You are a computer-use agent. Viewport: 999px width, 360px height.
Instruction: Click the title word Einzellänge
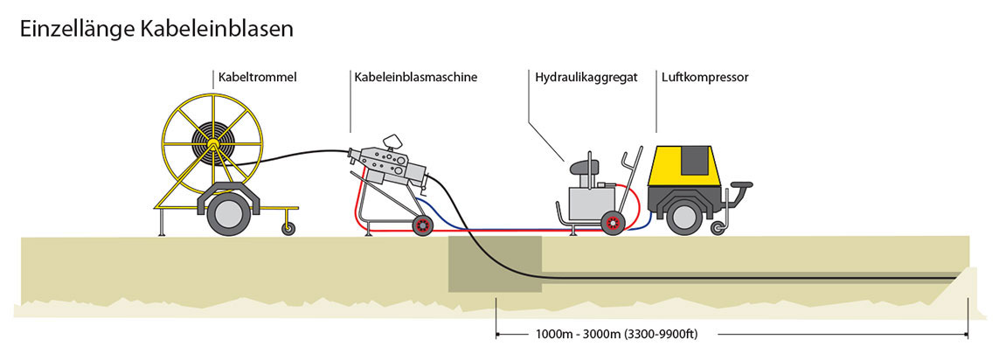tap(77, 28)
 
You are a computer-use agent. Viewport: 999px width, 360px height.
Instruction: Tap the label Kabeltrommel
tap(259, 77)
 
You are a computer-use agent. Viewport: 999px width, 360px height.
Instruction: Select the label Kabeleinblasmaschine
tap(415, 77)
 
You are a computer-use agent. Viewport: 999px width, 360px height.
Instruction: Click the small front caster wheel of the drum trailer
tap(288, 229)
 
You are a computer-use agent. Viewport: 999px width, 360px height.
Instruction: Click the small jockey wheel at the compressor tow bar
tap(718, 229)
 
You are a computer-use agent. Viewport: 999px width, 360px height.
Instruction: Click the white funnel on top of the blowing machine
tap(393, 141)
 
